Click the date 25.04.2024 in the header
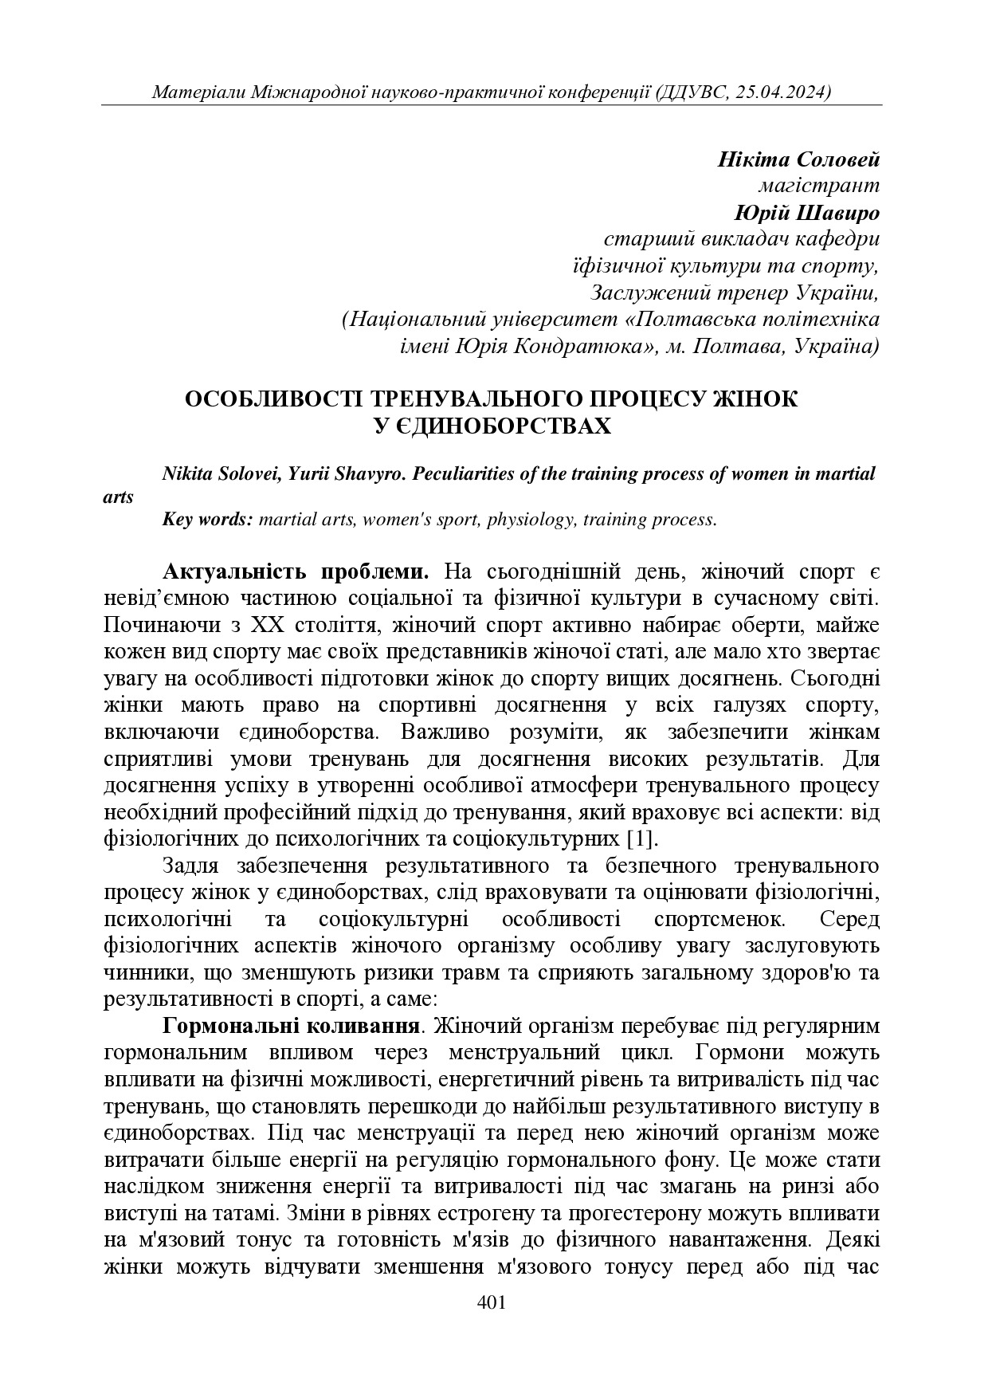(x=783, y=92)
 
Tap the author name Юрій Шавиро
(x=806, y=213)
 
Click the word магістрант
(x=817, y=186)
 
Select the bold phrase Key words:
(x=207, y=520)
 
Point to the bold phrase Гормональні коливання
(x=291, y=1025)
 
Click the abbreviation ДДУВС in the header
(x=692, y=92)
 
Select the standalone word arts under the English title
(x=119, y=497)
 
